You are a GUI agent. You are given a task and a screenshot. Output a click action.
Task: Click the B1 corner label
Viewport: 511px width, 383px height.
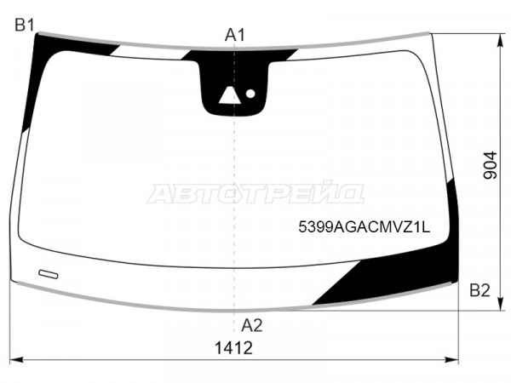pyautogui.click(x=25, y=25)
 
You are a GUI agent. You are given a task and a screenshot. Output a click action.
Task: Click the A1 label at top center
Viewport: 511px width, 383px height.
pyautogui.click(x=235, y=35)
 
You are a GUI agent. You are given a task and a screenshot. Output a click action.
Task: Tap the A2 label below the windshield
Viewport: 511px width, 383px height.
pyautogui.click(x=251, y=325)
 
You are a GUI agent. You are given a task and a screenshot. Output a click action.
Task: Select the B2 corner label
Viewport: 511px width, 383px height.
pyautogui.click(x=479, y=290)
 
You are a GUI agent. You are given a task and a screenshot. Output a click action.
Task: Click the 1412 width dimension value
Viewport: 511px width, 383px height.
pyautogui.click(x=233, y=348)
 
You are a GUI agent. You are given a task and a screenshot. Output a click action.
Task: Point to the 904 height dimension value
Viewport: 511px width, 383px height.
pyautogui.click(x=491, y=165)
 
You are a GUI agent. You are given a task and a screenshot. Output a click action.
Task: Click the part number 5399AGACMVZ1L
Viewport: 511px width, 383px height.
pyautogui.click(x=364, y=226)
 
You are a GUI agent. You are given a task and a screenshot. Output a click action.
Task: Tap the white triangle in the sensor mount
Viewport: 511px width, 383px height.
pyautogui.click(x=229, y=95)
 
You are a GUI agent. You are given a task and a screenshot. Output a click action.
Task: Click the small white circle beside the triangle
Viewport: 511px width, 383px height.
pyautogui.click(x=250, y=94)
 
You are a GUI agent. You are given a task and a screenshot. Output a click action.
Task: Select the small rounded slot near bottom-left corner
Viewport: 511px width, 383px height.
pyautogui.click(x=49, y=274)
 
